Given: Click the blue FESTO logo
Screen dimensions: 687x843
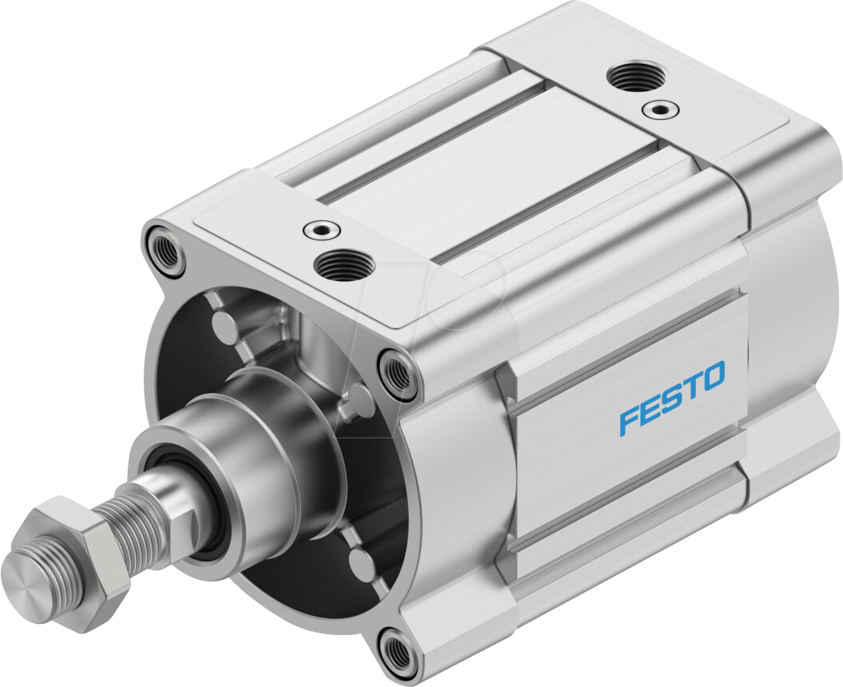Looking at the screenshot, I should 672,397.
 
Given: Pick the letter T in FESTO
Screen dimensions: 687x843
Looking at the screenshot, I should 691,387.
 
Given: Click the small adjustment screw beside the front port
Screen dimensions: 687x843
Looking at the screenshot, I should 323,230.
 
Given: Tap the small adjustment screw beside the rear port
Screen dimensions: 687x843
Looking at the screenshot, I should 659,108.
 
